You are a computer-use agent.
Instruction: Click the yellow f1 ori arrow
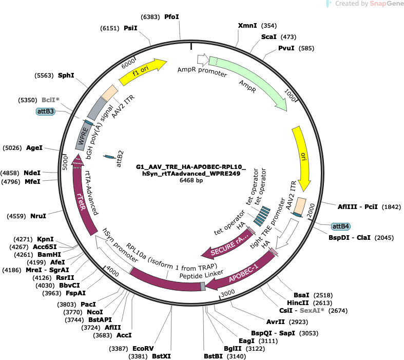pos(142,72)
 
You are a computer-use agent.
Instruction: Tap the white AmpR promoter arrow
pos(203,60)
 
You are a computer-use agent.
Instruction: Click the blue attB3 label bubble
pos(46,111)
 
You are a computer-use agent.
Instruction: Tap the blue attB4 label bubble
pos(341,226)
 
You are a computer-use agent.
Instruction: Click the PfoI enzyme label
pos(171,17)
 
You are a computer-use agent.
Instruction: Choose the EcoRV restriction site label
pos(143,349)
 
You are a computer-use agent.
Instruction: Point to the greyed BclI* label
pos(50,100)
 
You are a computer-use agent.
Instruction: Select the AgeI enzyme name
pos(34,148)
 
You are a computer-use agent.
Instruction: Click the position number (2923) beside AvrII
pos(298,322)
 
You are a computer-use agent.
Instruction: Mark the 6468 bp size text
pos(191,180)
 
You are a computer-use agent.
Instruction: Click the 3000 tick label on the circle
pos(228,293)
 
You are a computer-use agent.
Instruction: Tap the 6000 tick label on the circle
pos(128,63)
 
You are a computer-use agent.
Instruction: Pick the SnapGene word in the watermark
pos(387,4)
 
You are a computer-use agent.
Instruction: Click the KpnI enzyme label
pos(45,239)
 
